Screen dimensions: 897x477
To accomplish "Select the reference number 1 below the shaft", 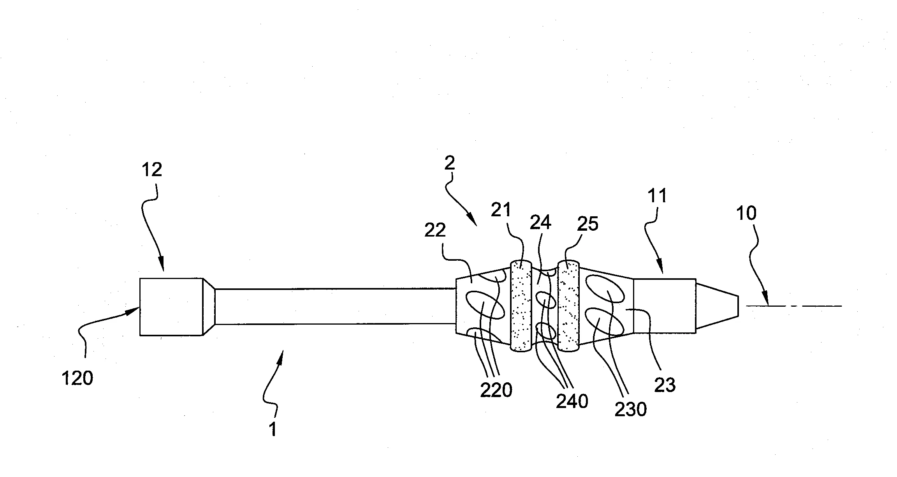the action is [273, 429].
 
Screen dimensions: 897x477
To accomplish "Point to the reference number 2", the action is [450, 163].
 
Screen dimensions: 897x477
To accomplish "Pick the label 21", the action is [501, 210].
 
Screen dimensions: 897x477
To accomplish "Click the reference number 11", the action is [658, 196].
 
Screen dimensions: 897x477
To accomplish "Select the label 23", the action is [665, 385].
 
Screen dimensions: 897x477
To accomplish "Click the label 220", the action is [496, 390].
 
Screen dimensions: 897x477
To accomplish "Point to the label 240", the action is [572, 401].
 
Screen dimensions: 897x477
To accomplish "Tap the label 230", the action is [631, 409].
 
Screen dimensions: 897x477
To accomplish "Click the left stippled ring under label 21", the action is [521, 306].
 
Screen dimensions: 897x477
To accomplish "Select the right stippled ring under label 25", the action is [569, 306].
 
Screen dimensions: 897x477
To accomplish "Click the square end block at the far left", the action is [171, 306].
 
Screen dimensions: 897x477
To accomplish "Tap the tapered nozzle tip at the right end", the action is [717, 306].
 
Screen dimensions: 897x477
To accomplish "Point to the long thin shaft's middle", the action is [335, 306].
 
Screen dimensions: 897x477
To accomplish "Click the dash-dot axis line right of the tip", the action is [794, 306].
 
